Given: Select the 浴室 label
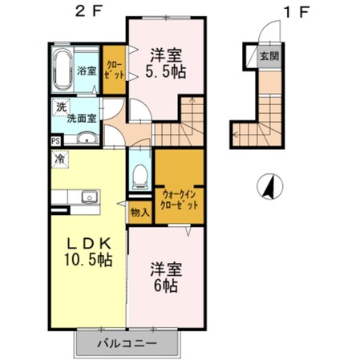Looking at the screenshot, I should [x=87, y=71].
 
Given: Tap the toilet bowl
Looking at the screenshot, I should [x=140, y=172].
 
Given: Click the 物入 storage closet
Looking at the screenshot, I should [x=138, y=212].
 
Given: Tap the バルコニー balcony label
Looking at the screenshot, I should [x=126, y=343].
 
